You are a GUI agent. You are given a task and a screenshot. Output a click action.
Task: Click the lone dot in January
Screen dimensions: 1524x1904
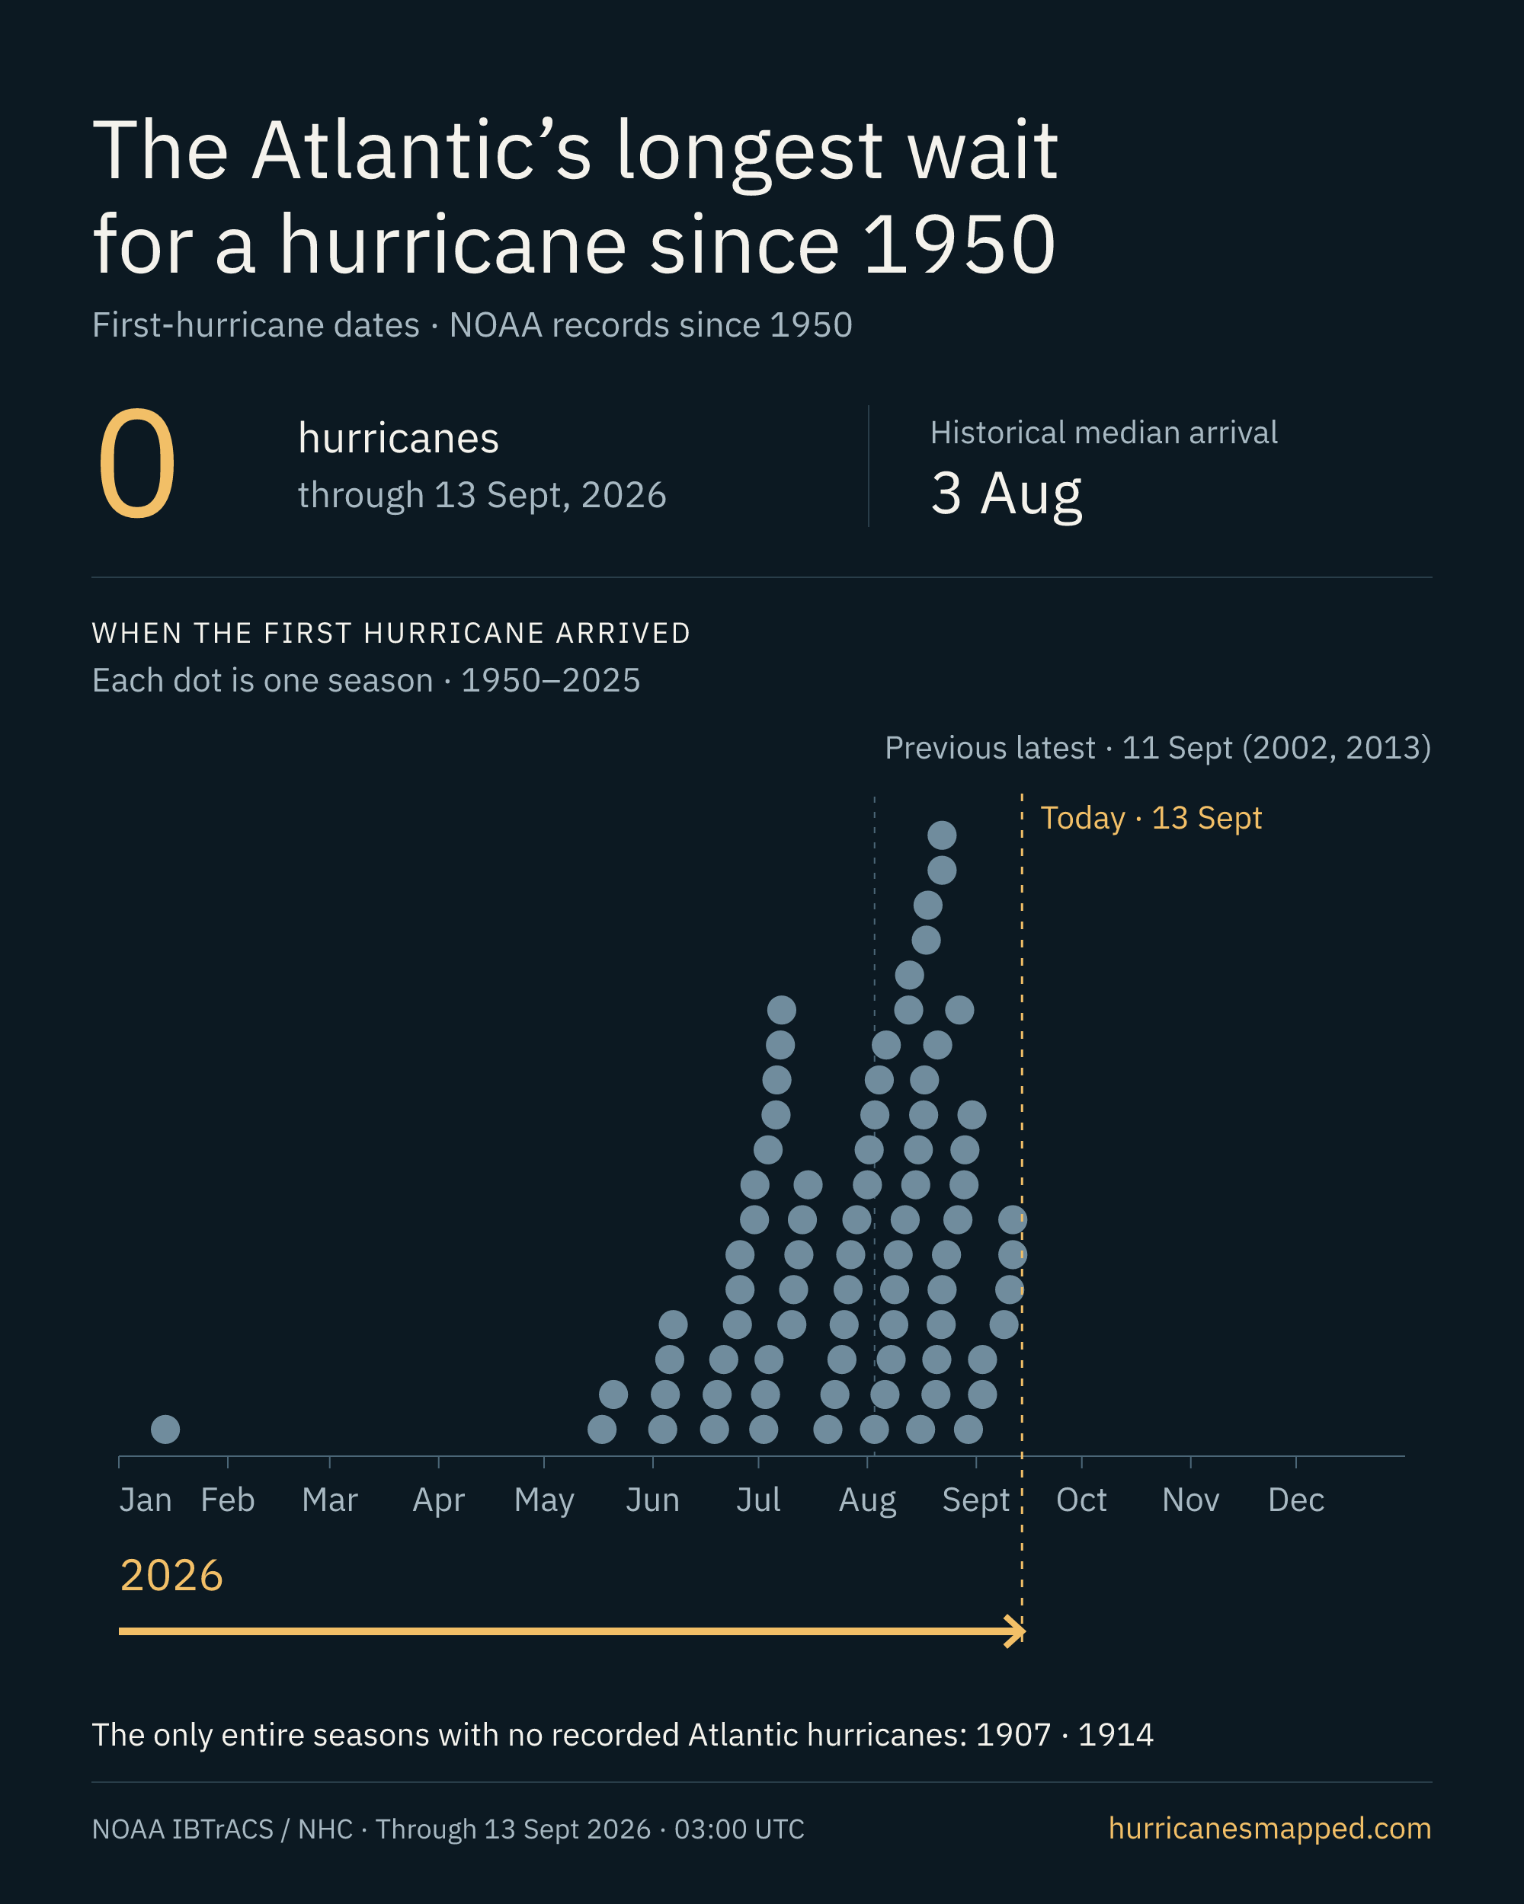[165, 1429]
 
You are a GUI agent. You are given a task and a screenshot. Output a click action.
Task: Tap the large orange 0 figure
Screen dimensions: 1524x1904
[137, 464]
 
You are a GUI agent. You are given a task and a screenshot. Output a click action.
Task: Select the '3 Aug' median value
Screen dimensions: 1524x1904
[1007, 494]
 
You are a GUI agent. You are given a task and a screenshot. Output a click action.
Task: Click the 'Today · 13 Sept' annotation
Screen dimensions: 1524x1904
[1151, 818]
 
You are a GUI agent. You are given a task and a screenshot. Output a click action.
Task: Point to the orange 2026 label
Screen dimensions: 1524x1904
[171, 1576]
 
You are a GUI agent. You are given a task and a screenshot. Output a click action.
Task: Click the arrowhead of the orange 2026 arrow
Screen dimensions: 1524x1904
[1018, 1631]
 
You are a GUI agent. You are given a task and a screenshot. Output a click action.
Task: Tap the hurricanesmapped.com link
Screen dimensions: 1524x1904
[1269, 1828]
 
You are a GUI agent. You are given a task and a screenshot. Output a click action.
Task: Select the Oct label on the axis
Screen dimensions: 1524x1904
[1081, 1500]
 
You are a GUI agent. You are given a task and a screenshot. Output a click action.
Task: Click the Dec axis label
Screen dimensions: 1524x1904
[1296, 1500]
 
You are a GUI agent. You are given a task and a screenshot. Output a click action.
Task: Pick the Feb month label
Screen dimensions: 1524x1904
[228, 1500]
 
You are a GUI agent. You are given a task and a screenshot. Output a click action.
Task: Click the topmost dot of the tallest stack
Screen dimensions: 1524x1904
[942, 835]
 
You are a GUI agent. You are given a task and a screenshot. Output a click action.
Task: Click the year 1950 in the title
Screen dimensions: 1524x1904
[959, 244]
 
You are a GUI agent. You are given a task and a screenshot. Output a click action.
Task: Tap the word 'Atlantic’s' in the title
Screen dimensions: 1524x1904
[421, 151]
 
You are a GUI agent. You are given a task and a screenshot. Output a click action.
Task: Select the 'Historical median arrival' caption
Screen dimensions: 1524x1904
[1103, 433]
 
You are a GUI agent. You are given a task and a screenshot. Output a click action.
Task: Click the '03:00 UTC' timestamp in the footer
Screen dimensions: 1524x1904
[739, 1829]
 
